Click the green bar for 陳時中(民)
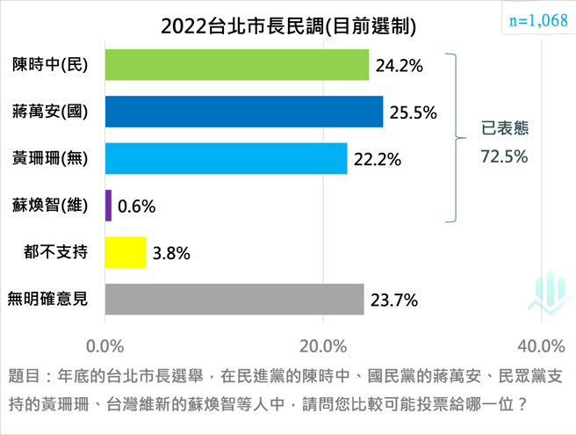click(236, 65)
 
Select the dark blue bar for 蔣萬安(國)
click(243, 112)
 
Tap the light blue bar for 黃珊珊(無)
click(226, 158)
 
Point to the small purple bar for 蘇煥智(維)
click(108, 206)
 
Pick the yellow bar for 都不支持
click(125, 253)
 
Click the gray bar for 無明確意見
click(234, 300)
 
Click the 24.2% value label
click(400, 65)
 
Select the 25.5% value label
click(413, 112)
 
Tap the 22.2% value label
click(378, 159)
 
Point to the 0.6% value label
click(136, 207)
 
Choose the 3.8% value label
click(171, 254)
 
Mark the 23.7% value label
click(394, 301)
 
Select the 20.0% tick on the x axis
click(324, 344)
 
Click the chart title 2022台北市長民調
click(288, 25)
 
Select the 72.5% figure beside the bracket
click(504, 156)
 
